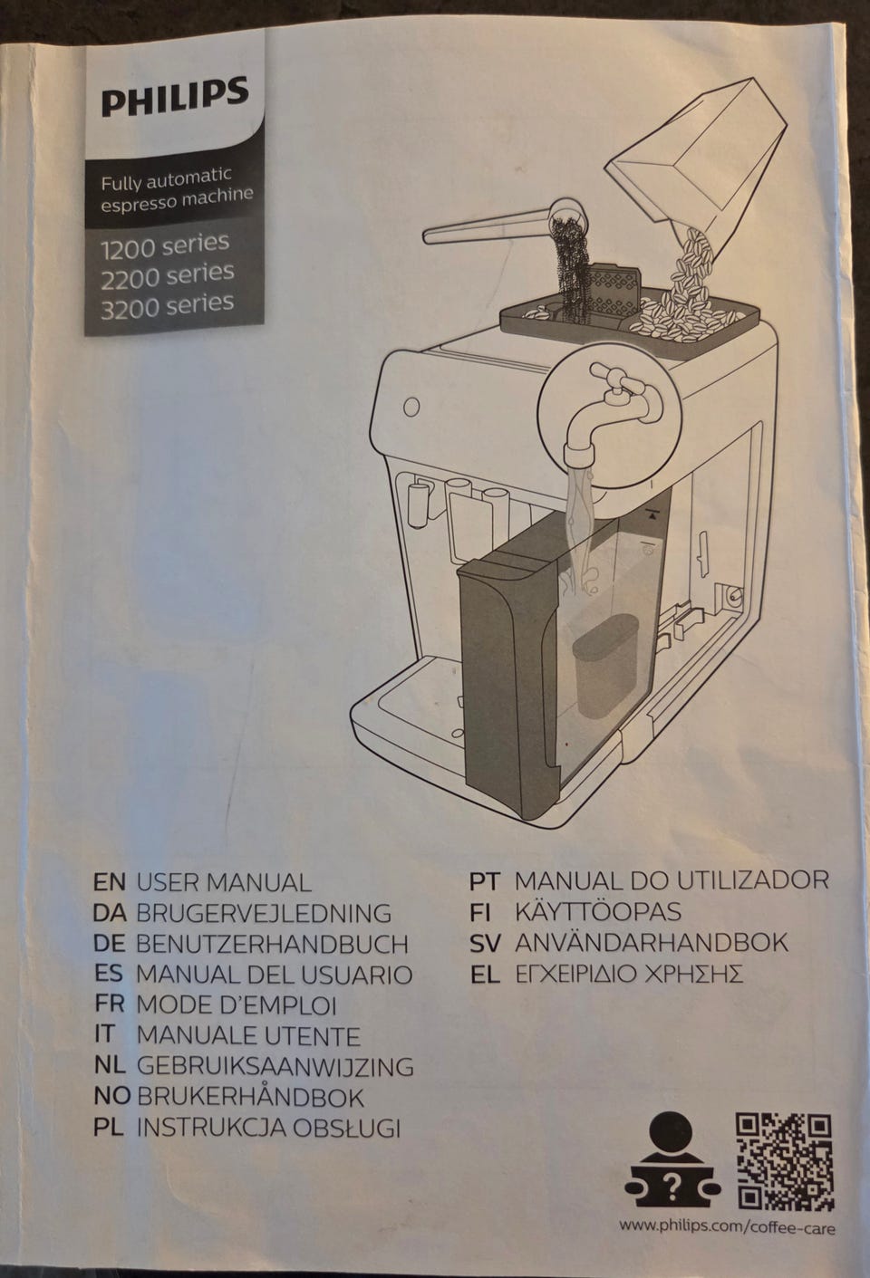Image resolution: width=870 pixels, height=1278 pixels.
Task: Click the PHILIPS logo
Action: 175,96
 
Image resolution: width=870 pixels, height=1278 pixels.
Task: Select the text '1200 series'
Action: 165,245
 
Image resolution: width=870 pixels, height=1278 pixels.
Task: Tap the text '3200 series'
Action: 168,304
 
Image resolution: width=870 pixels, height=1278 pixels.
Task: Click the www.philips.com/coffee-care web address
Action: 728,1225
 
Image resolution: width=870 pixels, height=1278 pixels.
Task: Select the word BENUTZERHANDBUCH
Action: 272,945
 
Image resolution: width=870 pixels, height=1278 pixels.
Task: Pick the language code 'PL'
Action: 109,1128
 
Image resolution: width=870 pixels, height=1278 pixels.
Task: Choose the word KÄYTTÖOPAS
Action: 598,912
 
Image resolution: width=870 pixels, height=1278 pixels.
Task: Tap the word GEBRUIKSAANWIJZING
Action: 275,1066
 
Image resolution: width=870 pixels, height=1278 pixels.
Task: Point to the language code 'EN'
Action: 109,882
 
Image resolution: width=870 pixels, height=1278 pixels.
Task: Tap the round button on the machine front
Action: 411,407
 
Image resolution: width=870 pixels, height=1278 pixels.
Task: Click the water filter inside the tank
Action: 605,665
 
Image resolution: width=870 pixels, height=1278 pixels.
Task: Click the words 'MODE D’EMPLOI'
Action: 237,1005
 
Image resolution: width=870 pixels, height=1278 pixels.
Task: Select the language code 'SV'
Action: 485,943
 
